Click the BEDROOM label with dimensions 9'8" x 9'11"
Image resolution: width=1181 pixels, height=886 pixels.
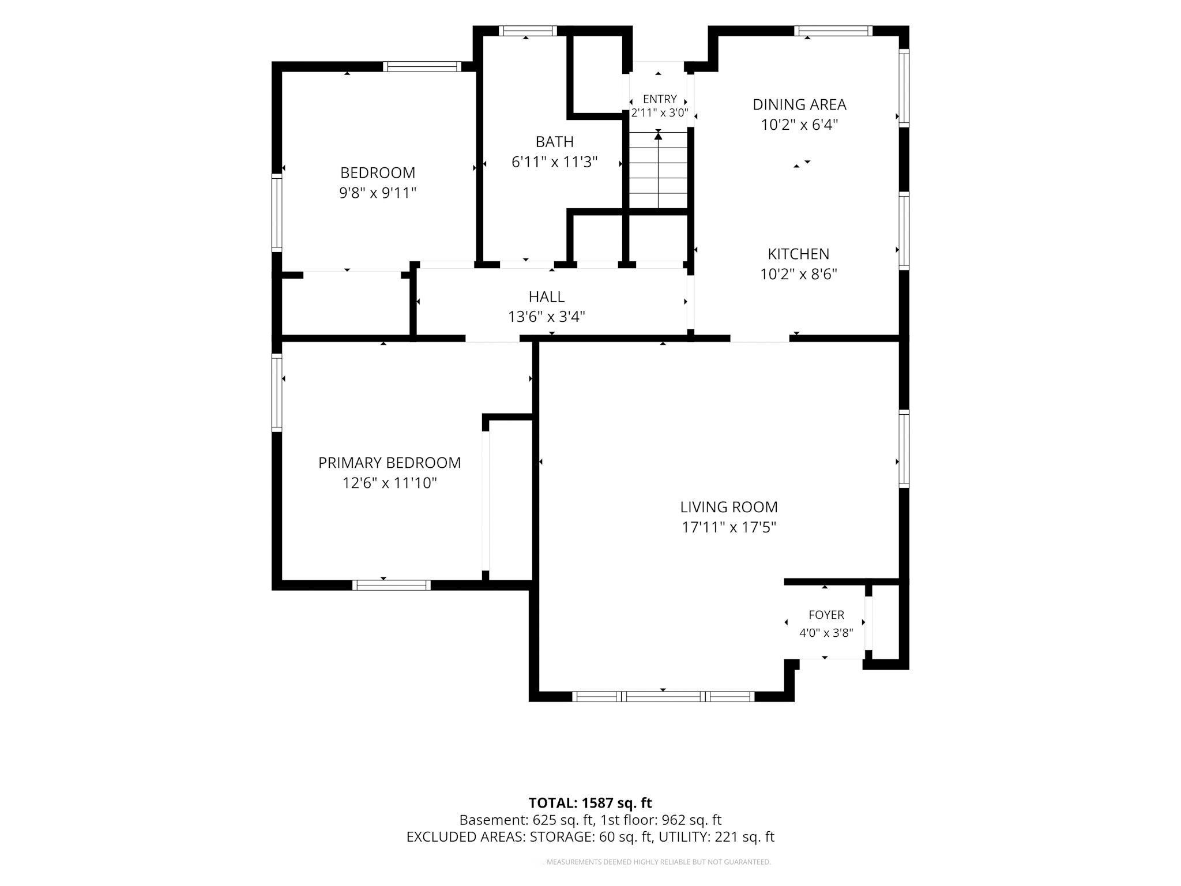[x=378, y=172]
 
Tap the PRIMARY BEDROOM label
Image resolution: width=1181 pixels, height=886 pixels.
[x=390, y=463]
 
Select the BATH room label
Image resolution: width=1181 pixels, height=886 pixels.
[x=554, y=141]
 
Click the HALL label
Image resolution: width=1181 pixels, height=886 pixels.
[x=547, y=296]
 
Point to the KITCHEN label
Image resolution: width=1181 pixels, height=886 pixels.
[x=799, y=254]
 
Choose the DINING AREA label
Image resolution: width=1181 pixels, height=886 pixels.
[x=799, y=104]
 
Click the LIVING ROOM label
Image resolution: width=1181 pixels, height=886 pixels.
[x=729, y=507]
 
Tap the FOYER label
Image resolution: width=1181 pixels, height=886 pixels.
[x=826, y=615]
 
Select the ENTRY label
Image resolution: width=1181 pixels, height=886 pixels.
[x=660, y=99]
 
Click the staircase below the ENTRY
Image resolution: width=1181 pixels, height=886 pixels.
[x=658, y=170]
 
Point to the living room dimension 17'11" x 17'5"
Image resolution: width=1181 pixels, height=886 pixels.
[x=729, y=527]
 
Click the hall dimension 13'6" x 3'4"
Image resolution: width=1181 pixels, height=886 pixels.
[x=547, y=317]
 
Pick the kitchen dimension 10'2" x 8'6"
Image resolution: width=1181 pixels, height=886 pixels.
[x=799, y=274]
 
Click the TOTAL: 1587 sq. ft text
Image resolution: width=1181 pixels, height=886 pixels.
[x=590, y=803]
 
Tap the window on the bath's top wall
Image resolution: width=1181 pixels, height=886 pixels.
[x=528, y=31]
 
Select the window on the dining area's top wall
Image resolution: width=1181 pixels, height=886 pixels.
[x=833, y=31]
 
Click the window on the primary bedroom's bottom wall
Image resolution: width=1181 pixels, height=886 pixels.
[x=392, y=585]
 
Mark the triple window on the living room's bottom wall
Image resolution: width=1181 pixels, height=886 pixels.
[x=663, y=696]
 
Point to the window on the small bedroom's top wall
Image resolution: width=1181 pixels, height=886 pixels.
[x=422, y=66]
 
